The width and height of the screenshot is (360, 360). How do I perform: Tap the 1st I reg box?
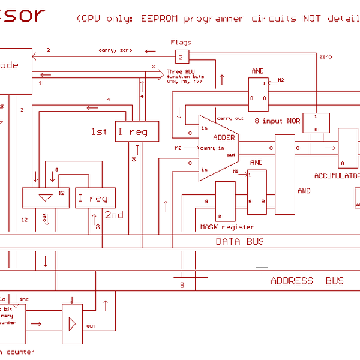coord(137,131)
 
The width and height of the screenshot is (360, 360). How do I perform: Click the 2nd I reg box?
coord(95,198)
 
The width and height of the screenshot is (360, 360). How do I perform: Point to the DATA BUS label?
coord(239,241)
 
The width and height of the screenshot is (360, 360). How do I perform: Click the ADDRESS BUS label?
coord(307,281)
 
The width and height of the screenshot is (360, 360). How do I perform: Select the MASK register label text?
coord(227,227)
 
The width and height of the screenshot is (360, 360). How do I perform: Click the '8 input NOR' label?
coord(277,121)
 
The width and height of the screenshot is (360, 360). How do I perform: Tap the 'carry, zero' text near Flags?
coord(116,50)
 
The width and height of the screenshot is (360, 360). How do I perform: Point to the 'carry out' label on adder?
coord(230,118)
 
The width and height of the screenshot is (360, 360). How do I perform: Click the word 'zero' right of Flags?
coord(325,56)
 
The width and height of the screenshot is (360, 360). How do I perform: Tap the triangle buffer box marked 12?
coord(45,197)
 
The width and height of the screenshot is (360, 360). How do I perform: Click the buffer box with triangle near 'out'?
coord(73,323)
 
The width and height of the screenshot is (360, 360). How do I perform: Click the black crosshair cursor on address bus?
coord(262,266)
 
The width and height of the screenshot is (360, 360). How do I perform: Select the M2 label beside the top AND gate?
coord(280,80)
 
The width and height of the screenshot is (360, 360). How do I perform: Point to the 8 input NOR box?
coord(316,122)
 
